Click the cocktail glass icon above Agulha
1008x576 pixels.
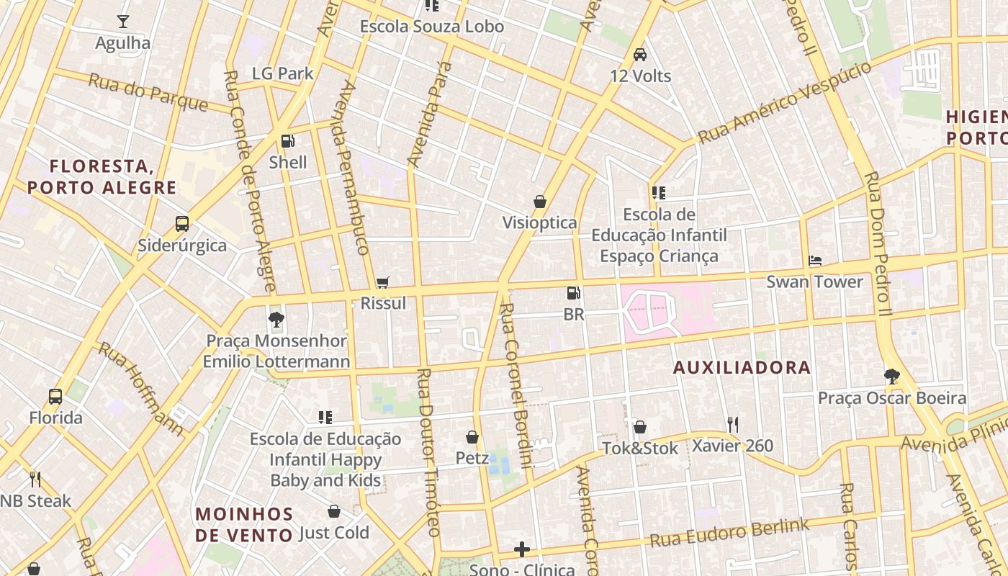click(x=123, y=22)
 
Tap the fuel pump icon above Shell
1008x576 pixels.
click(x=287, y=141)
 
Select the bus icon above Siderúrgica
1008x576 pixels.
click(x=182, y=224)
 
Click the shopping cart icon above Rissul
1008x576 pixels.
click(x=383, y=282)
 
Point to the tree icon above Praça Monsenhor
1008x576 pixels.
click(x=276, y=320)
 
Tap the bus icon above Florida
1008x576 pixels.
click(x=55, y=396)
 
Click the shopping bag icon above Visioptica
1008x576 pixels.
click(x=539, y=202)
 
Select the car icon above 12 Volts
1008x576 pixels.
click(x=639, y=54)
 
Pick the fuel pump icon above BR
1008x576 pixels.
click(x=574, y=293)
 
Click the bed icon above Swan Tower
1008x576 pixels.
click(x=815, y=261)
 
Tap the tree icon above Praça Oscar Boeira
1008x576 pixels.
click(x=891, y=377)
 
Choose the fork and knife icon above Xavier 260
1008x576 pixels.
click(x=732, y=424)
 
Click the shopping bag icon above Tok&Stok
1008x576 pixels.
click(x=639, y=427)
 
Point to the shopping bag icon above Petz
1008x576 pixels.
click(x=472, y=437)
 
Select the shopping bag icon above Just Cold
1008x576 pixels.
click(x=334, y=511)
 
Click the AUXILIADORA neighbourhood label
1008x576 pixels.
click(x=742, y=368)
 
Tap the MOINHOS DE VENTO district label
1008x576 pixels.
click(x=244, y=524)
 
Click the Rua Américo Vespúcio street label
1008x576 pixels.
click(x=785, y=102)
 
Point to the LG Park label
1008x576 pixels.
click(x=283, y=73)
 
